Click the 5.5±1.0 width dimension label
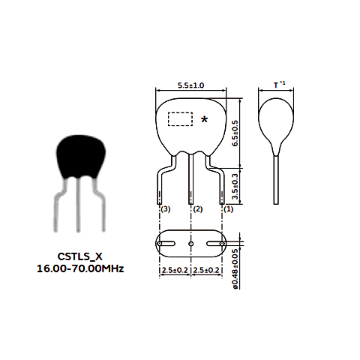click(x=190, y=85)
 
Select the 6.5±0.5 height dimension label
click(x=235, y=133)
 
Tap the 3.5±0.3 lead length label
click(x=235, y=186)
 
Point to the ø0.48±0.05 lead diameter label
click(x=235, y=269)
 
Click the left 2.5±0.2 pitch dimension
click(x=175, y=270)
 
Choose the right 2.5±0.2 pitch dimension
click(x=206, y=270)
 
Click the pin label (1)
click(x=228, y=209)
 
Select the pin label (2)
click(x=198, y=209)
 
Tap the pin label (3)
click(x=166, y=209)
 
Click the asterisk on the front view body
click(x=205, y=119)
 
